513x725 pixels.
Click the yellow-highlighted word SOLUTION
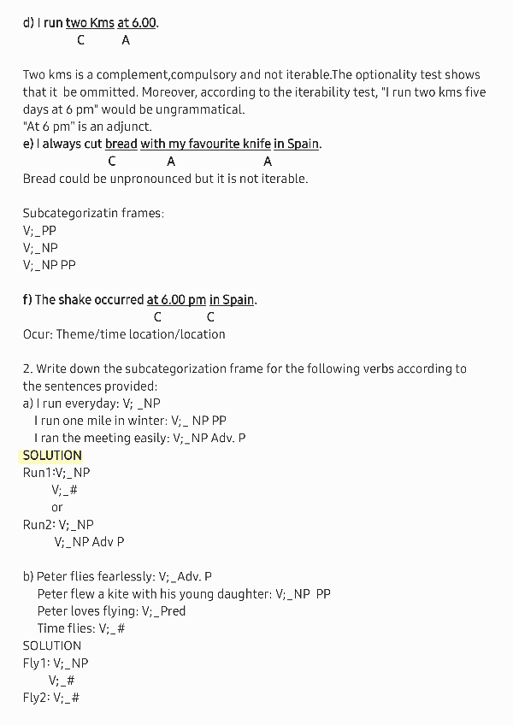pyautogui.click(x=52, y=456)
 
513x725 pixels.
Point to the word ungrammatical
pyautogui.click(x=204, y=109)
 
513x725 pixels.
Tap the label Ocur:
pyautogui.click(x=38, y=334)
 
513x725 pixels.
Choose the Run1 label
pyautogui.click(x=37, y=473)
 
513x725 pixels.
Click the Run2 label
pyautogui.click(x=38, y=525)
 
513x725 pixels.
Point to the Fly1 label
pyautogui.click(x=36, y=663)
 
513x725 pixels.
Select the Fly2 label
pyautogui.click(x=36, y=698)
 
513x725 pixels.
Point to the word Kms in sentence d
pyautogui.click(x=102, y=23)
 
